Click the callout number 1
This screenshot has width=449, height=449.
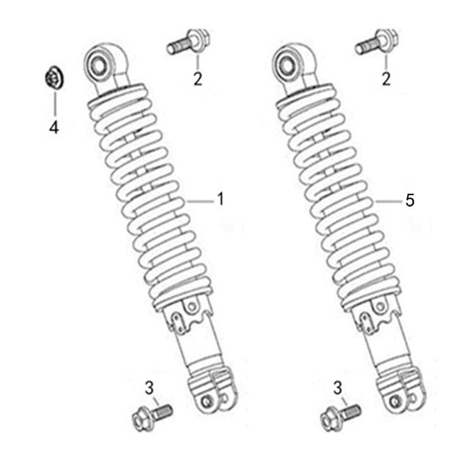click(x=220, y=199)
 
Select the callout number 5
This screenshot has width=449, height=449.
click(x=409, y=200)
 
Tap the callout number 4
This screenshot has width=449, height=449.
click(x=54, y=127)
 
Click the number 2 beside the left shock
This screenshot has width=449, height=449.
click(x=198, y=79)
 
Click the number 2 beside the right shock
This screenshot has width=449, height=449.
click(x=386, y=79)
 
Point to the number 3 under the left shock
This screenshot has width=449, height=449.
click(x=149, y=388)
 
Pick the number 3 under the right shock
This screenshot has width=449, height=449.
click(x=338, y=388)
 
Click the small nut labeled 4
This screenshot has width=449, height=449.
click(x=54, y=78)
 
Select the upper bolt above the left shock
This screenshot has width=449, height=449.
click(x=189, y=42)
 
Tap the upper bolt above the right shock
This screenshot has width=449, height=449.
click(x=377, y=42)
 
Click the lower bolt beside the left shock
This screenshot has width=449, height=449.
click(x=152, y=417)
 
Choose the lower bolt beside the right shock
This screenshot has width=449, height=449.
click(x=341, y=417)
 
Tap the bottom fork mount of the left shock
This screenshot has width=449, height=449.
click(x=213, y=391)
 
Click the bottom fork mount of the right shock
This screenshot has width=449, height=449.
click(x=401, y=391)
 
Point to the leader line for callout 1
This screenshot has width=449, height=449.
click(x=201, y=202)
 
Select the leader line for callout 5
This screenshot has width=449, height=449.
click(x=389, y=202)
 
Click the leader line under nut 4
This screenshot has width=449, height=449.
click(x=55, y=104)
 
